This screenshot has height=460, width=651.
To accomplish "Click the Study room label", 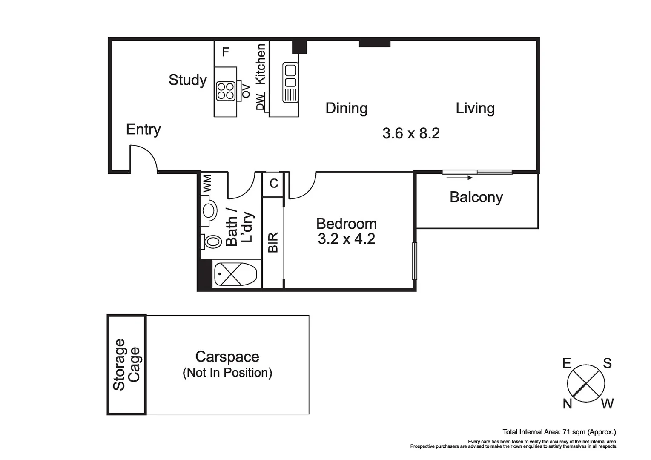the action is click(x=188, y=80).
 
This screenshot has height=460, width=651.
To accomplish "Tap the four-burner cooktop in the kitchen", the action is click(x=226, y=91).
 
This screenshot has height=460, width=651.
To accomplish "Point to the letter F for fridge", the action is click(x=226, y=52).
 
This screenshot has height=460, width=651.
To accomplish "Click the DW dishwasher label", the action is click(x=261, y=102).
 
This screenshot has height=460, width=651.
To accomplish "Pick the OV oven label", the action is click(x=246, y=91).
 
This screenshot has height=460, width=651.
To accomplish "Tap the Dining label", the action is click(x=347, y=108).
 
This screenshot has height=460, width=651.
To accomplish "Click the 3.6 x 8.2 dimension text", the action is click(x=411, y=133).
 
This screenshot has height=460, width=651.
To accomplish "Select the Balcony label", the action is click(x=476, y=198).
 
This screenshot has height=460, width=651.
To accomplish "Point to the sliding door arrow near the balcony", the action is click(x=459, y=178).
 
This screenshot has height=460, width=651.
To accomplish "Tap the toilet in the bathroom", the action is click(x=211, y=241).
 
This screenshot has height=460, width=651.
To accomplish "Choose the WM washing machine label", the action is click(x=206, y=184).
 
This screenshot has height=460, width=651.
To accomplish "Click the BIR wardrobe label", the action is click(x=273, y=242).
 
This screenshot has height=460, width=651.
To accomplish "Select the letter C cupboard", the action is click(x=274, y=184).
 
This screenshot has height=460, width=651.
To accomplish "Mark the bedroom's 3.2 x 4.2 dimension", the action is click(x=347, y=239).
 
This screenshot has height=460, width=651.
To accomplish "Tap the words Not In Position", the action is click(x=227, y=373).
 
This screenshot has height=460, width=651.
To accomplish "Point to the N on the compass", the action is click(x=568, y=404).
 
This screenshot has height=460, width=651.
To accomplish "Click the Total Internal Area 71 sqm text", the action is click(x=559, y=432).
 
